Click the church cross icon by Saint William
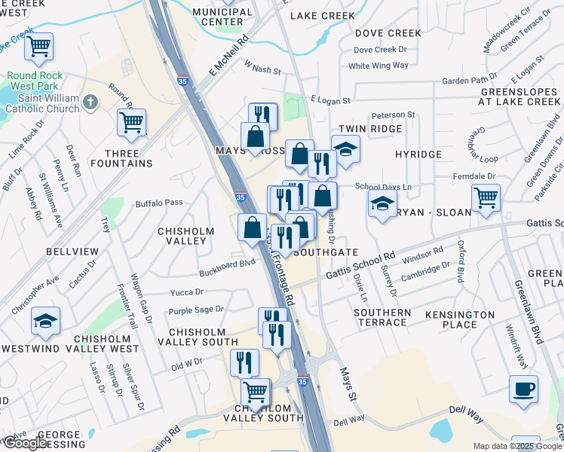point(89,102)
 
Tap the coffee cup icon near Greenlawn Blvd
point(523,389)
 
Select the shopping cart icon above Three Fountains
point(131,122)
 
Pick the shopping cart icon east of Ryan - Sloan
point(486,198)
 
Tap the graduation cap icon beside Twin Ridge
point(345,149)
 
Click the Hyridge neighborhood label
point(418,154)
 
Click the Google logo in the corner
point(25,443)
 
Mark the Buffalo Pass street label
point(159,203)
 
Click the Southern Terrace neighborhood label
point(382,317)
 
